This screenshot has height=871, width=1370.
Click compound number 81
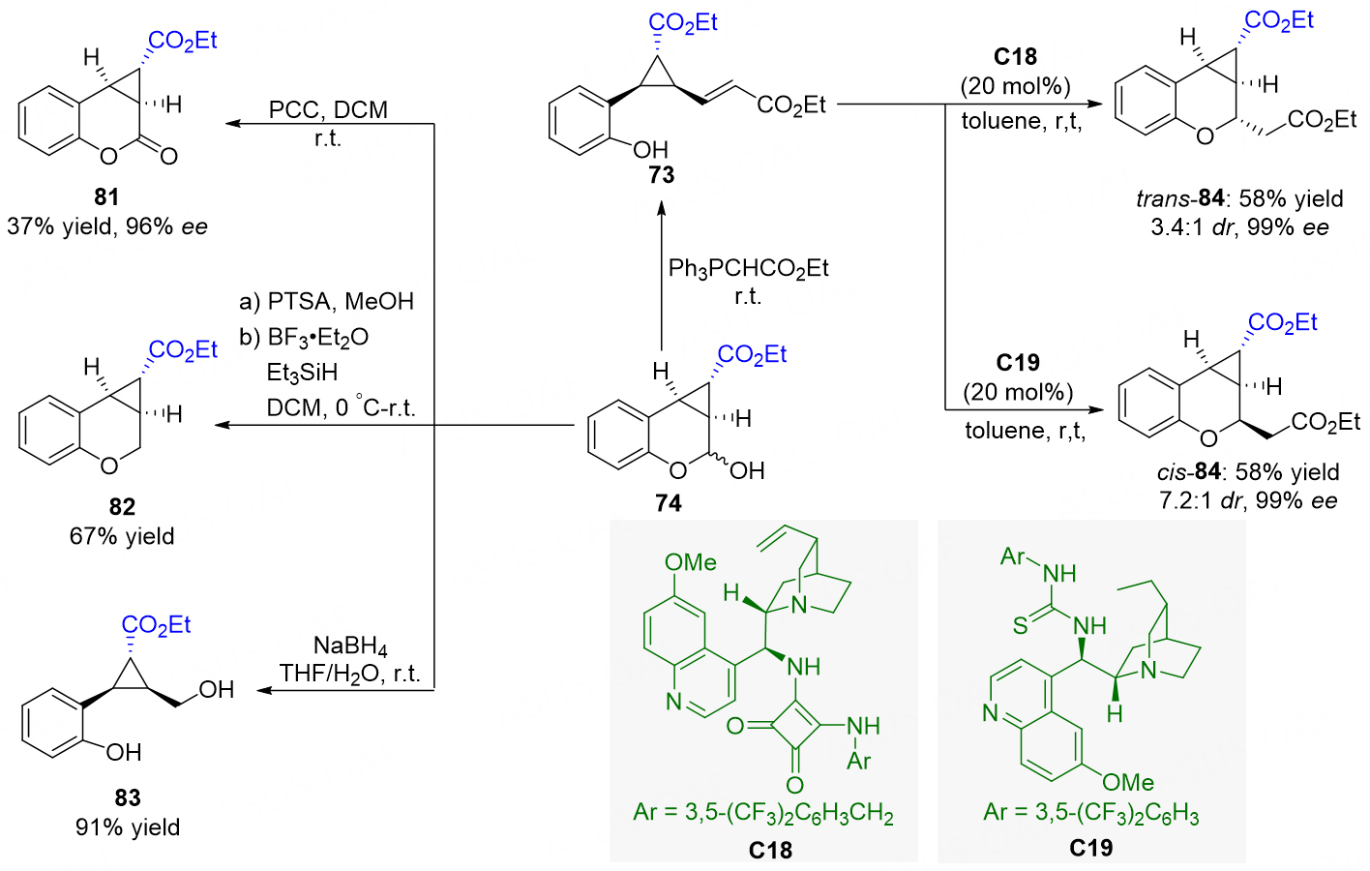tap(106, 197)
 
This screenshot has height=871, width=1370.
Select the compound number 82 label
tap(122, 506)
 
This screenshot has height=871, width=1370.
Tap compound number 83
tap(127, 797)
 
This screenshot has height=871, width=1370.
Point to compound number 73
tap(662, 175)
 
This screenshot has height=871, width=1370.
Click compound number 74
tap(668, 503)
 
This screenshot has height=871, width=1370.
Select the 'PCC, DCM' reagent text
tap(328, 110)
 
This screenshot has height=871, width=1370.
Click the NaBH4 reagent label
tap(350, 646)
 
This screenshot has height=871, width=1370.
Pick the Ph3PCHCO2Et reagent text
tap(748, 268)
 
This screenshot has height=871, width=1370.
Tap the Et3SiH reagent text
tap(302, 373)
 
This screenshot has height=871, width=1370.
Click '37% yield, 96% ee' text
tap(107, 226)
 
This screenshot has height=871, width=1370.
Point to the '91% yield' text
tap(127, 827)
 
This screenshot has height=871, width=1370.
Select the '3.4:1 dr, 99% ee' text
tap(1239, 227)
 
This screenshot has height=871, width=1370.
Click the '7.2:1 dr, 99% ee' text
tap(1248, 501)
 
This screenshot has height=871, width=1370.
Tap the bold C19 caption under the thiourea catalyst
tap(1091, 848)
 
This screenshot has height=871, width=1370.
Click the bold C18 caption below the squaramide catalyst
tap(770, 851)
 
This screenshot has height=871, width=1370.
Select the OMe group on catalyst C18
tap(691, 562)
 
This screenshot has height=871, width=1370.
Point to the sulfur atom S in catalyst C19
tap(1020, 626)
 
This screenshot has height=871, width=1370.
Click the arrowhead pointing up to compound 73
tap(661, 209)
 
